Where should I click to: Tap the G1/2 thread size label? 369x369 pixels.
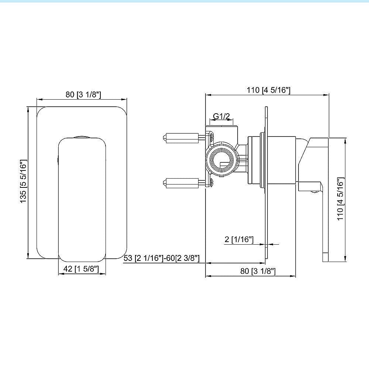pyautogui.click(x=222, y=117)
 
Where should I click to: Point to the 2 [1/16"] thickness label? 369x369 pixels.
pyautogui.click(x=239, y=239)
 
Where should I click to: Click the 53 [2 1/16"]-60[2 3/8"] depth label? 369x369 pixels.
pyautogui.click(x=161, y=258)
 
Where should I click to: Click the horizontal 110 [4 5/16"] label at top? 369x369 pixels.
pyautogui.click(x=269, y=90)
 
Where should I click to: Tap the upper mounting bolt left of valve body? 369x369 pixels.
pyautogui.click(x=181, y=138)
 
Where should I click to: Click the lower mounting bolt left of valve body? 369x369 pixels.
pyautogui.click(x=181, y=182)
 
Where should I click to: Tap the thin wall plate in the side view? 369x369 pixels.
pyautogui.click(x=265, y=184)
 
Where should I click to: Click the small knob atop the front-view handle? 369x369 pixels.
pyautogui.click(x=82, y=136)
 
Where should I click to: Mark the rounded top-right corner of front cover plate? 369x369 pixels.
pyautogui.click(x=123, y=111)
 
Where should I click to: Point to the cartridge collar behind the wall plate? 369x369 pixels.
pyautogui.click(x=255, y=160)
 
